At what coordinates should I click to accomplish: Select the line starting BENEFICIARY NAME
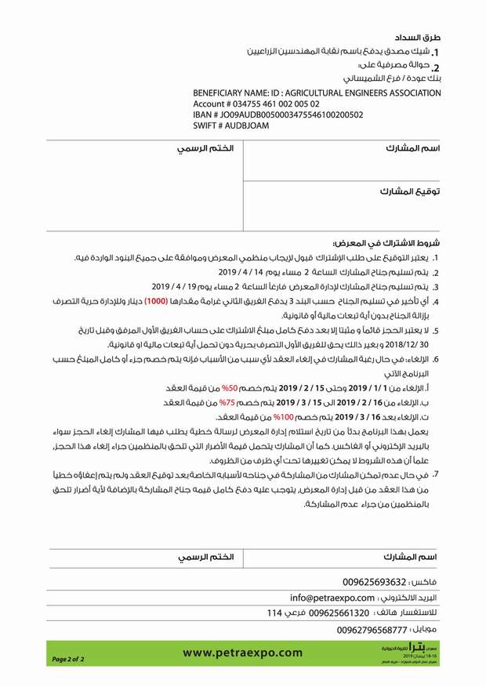317,93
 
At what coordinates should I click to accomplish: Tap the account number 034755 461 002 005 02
256,104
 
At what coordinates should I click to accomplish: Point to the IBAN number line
278,114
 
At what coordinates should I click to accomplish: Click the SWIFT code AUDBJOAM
231,125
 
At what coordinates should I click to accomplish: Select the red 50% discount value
230,388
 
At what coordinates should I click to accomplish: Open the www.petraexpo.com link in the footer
242,652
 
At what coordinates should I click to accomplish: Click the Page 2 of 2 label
68,660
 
